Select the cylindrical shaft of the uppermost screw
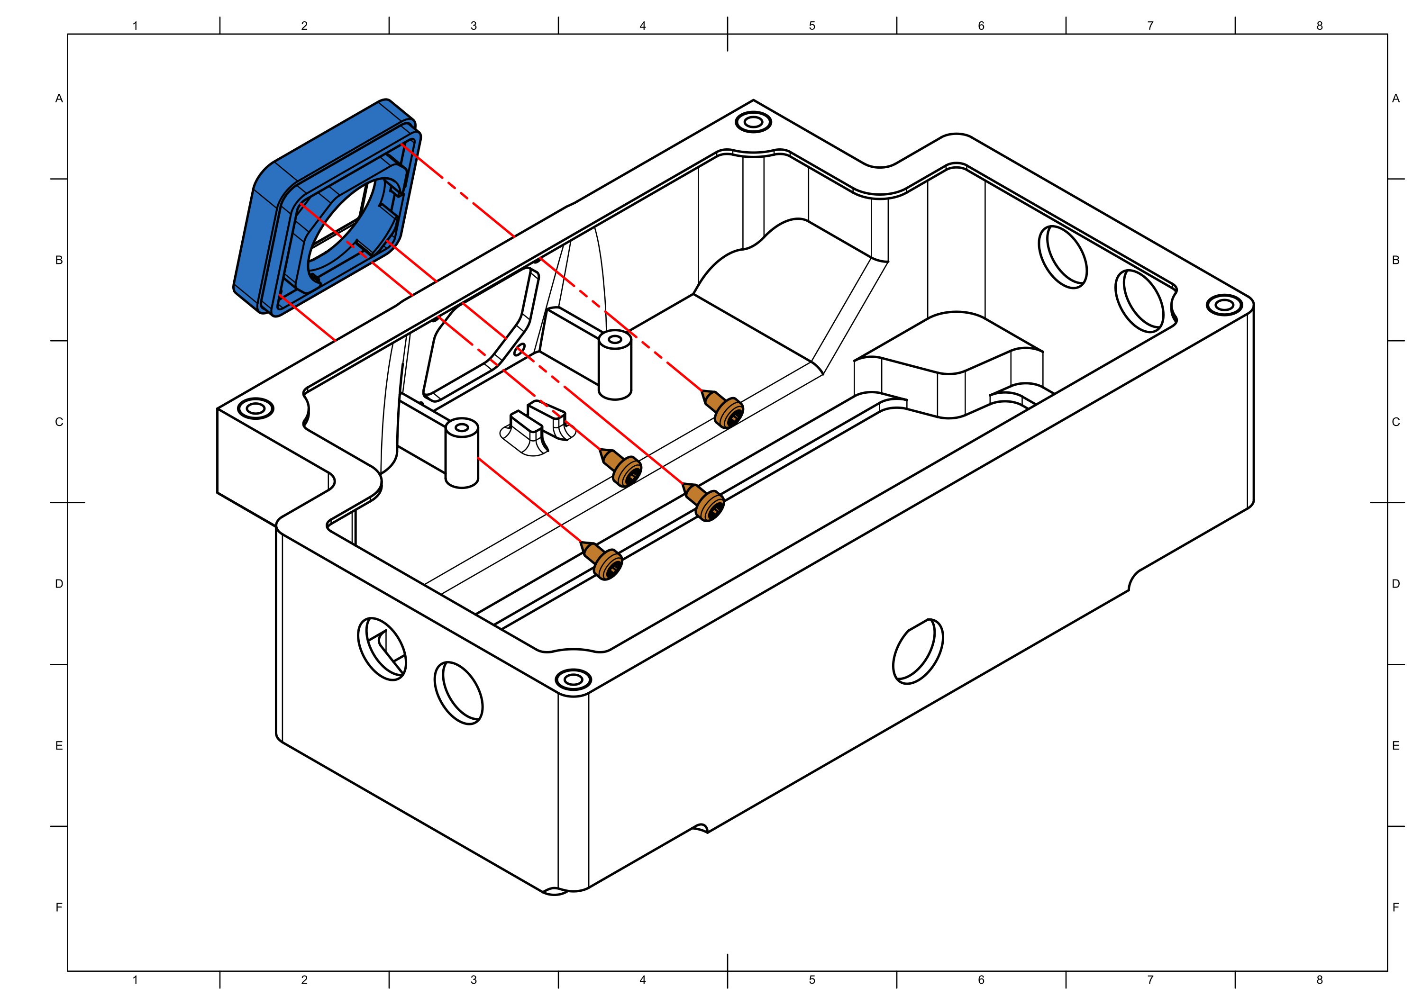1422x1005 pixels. click(715, 401)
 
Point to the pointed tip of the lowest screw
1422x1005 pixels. click(584, 545)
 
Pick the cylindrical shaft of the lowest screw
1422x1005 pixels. click(594, 552)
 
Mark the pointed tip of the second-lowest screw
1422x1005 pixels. click(687, 487)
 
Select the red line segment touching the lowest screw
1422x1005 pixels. click(529, 500)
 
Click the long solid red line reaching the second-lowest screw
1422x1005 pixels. click(620, 434)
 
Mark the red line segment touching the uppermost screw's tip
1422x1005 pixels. click(684, 378)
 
